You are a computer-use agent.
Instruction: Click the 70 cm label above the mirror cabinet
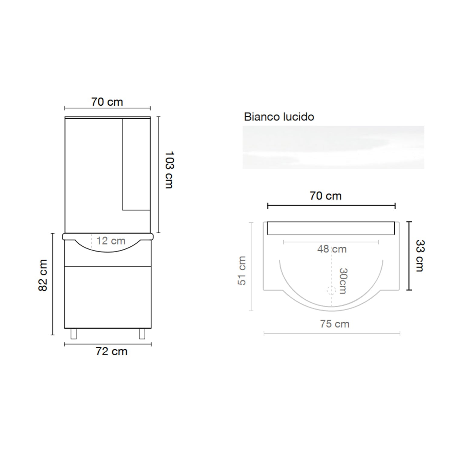pyautogui.click(x=107, y=102)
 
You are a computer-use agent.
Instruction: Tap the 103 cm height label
pyautogui.click(x=169, y=170)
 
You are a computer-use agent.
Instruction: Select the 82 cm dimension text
pyautogui.click(x=43, y=275)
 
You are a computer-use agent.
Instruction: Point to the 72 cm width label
pyautogui.click(x=111, y=352)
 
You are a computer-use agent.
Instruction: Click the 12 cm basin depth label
pyautogui.click(x=111, y=241)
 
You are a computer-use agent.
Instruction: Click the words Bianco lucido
pyautogui.click(x=279, y=117)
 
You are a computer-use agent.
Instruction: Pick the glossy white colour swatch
pyautogui.click(x=333, y=147)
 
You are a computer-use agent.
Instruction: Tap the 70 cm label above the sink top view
pyautogui.click(x=325, y=196)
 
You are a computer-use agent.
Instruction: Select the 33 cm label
pyautogui.click(x=420, y=256)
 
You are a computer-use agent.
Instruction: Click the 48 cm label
pyautogui.click(x=332, y=249)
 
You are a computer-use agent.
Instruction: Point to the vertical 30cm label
pyautogui.click(x=343, y=281)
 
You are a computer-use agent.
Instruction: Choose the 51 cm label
pyautogui.click(x=242, y=270)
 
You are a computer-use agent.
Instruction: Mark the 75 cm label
pyautogui.click(x=334, y=324)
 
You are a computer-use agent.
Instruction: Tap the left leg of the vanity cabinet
pyautogui.click(x=73, y=334)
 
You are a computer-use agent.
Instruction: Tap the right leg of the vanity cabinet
pyautogui.click(x=142, y=334)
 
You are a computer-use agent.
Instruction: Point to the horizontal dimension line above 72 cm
pyautogui.click(x=108, y=344)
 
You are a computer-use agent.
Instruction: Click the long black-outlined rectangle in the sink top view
pyautogui.click(x=331, y=228)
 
